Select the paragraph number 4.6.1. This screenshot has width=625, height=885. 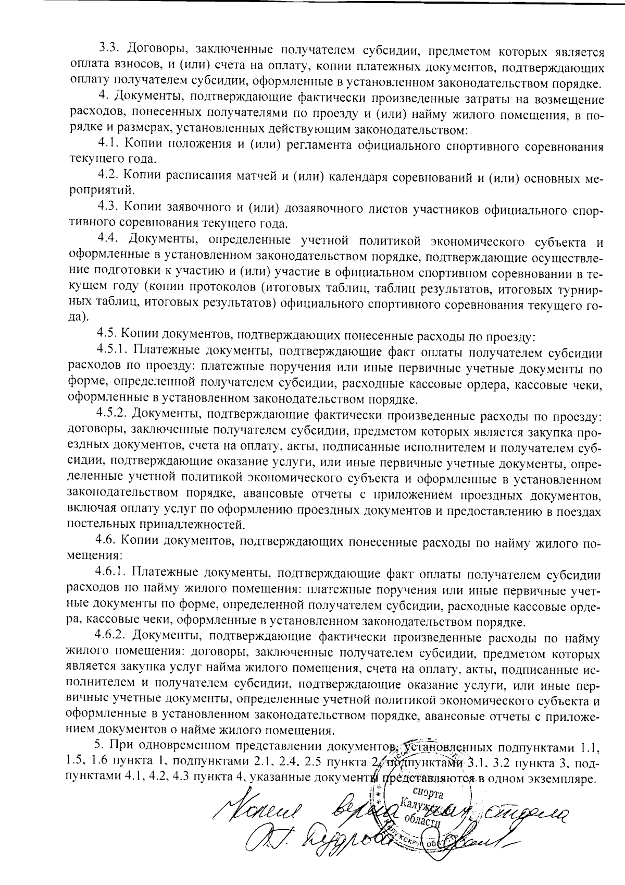(113, 574)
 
